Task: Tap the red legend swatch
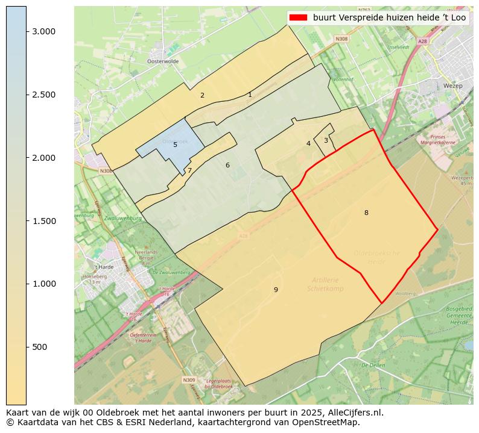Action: point(298,17)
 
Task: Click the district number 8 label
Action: point(366,213)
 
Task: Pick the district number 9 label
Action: point(276,290)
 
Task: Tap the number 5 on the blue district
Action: point(175,145)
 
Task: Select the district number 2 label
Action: point(202,95)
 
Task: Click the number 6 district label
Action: point(227,165)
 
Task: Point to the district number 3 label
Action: point(326,140)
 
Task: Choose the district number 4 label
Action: point(308,143)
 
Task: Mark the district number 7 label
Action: point(189,170)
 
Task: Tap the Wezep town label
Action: point(452,86)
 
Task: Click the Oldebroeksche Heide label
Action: point(376,257)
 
